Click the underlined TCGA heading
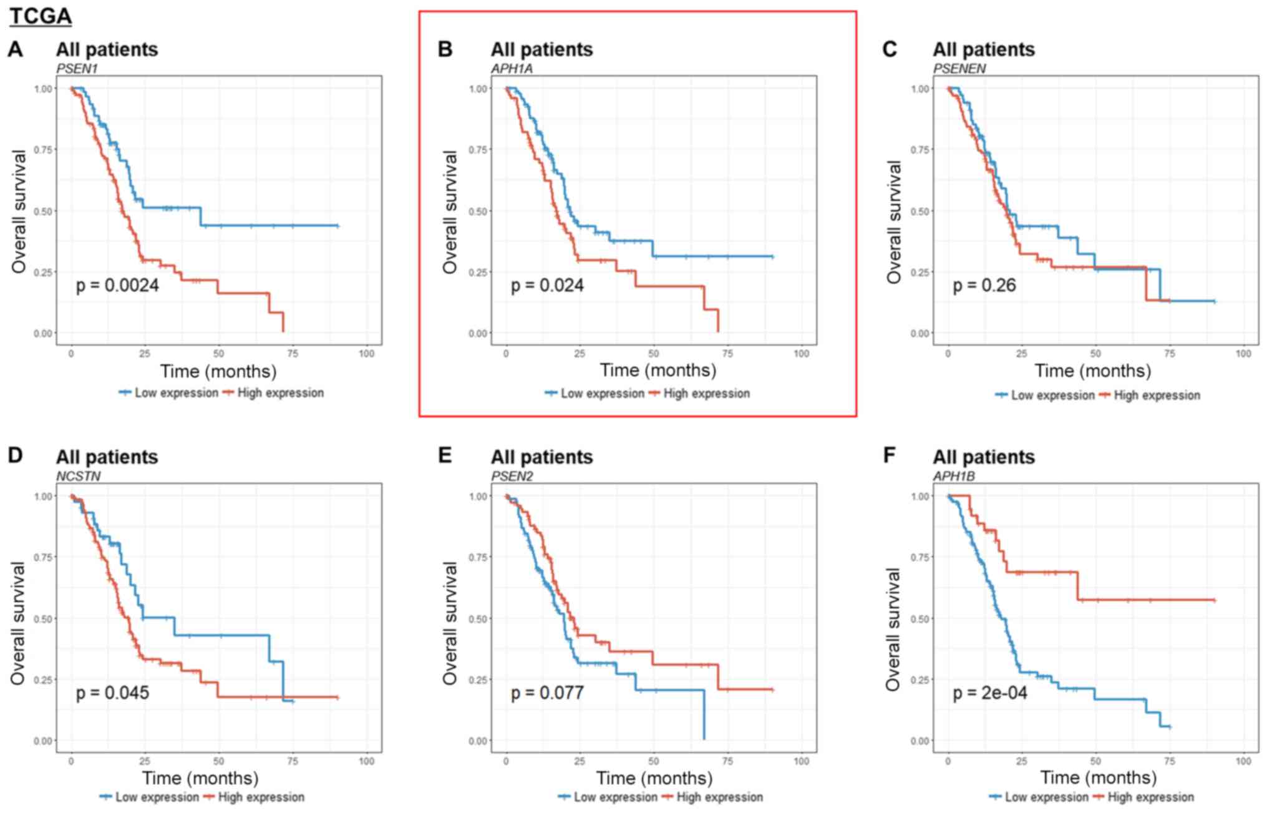tap(41, 16)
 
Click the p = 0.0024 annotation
tap(117, 286)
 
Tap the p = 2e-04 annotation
tap(989, 693)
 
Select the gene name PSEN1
tap(77, 68)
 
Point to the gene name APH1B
tap(954, 476)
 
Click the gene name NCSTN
tap(78, 476)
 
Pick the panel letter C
tap(890, 49)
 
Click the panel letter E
tap(444, 455)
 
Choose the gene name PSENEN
tap(959, 68)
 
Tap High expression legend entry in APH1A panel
tap(706, 394)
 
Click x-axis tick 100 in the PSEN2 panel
tap(801, 761)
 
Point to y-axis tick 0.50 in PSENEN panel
tap(920, 211)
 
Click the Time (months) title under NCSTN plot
tap(200, 778)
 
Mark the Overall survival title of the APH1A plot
tap(450, 212)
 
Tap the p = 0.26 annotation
tap(984, 286)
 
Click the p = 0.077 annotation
tap(547, 693)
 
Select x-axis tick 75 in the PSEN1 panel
tap(293, 354)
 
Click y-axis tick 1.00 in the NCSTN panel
tap(43, 497)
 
